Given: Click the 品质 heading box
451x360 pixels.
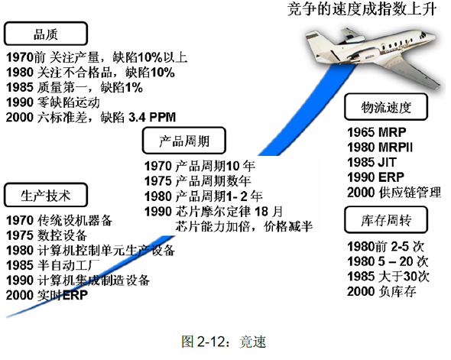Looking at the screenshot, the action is [x=45, y=34].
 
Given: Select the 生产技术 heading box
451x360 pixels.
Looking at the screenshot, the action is [x=45, y=195].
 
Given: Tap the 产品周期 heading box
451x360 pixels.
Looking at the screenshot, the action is [x=184, y=141].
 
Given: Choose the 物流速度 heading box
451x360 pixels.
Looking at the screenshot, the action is [x=386, y=107].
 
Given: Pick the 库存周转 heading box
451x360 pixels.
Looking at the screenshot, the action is [x=386, y=219].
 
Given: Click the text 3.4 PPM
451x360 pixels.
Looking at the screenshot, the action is [x=152, y=117].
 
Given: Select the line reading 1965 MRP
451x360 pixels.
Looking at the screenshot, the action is [x=377, y=132].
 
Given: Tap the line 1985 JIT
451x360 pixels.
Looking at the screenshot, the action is [x=372, y=162].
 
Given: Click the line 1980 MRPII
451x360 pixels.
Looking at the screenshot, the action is [x=380, y=148].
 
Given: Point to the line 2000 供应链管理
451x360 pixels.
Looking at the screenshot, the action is [x=394, y=193].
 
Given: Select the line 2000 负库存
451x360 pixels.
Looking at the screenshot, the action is [x=381, y=291].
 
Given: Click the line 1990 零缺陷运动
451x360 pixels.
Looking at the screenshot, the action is [x=53, y=102].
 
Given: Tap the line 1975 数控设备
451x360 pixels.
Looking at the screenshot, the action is [x=47, y=235].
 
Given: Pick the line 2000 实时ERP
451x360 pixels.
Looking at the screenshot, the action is [x=47, y=295].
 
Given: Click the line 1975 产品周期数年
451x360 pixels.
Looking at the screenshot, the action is [x=198, y=181].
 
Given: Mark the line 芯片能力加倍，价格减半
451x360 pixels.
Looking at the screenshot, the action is [x=244, y=226].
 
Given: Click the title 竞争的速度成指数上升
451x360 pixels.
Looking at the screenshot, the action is [x=362, y=8].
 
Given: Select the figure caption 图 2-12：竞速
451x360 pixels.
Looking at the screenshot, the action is [x=224, y=342].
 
